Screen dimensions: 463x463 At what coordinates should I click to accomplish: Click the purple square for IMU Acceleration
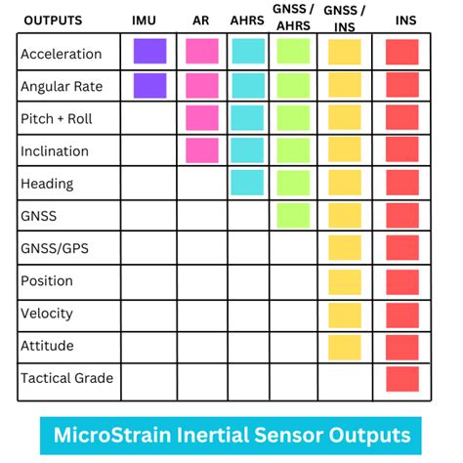pyautogui.click(x=149, y=52)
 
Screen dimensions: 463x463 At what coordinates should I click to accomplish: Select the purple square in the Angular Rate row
pyautogui.click(x=149, y=86)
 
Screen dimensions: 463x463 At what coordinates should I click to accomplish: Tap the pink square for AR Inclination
pyautogui.click(x=202, y=150)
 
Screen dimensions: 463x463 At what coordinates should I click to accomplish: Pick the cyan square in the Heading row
pyautogui.click(x=248, y=183)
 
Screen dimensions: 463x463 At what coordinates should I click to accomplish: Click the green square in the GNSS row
pyautogui.click(x=294, y=215)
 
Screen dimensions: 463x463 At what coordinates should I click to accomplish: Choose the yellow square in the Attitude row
pyautogui.click(x=344, y=346)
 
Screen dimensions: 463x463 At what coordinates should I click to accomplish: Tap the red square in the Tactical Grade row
pyautogui.click(x=401, y=378)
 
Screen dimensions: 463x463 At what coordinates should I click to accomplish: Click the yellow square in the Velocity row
pyautogui.click(x=344, y=314)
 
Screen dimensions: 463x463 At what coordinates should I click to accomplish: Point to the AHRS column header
pyautogui.click(x=247, y=21)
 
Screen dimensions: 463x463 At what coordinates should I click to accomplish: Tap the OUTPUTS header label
pyautogui.click(x=54, y=21)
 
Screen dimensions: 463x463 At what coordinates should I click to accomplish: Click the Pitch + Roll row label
pyautogui.click(x=60, y=119)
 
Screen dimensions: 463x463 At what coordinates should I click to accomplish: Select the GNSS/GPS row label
pyautogui.click(x=55, y=248)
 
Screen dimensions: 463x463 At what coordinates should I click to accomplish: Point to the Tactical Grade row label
pyautogui.click(x=66, y=378)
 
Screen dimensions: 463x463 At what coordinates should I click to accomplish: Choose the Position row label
pyautogui.click(x=47, y=281)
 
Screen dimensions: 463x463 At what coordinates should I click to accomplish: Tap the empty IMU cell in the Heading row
pyautogui.click(x=149, y=184)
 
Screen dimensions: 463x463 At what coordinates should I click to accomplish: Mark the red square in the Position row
pyautogui.click(x=401, y=280)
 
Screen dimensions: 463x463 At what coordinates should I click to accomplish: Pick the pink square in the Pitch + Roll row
pyautogui.click(x=202, y=118)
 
